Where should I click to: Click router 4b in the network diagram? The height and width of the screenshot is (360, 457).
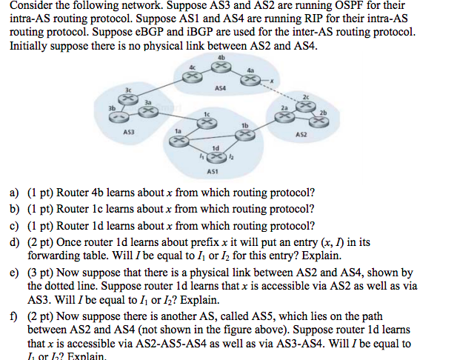click(220, 67)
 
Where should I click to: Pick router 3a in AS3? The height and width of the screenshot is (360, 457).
click(149, 113)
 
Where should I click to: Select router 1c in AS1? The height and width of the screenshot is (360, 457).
click(208, 123)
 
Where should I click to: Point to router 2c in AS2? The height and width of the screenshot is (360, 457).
click(304, 105)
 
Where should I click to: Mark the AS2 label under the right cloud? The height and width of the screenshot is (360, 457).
click(301, 136)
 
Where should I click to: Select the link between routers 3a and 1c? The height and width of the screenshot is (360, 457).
click(178, 118)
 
